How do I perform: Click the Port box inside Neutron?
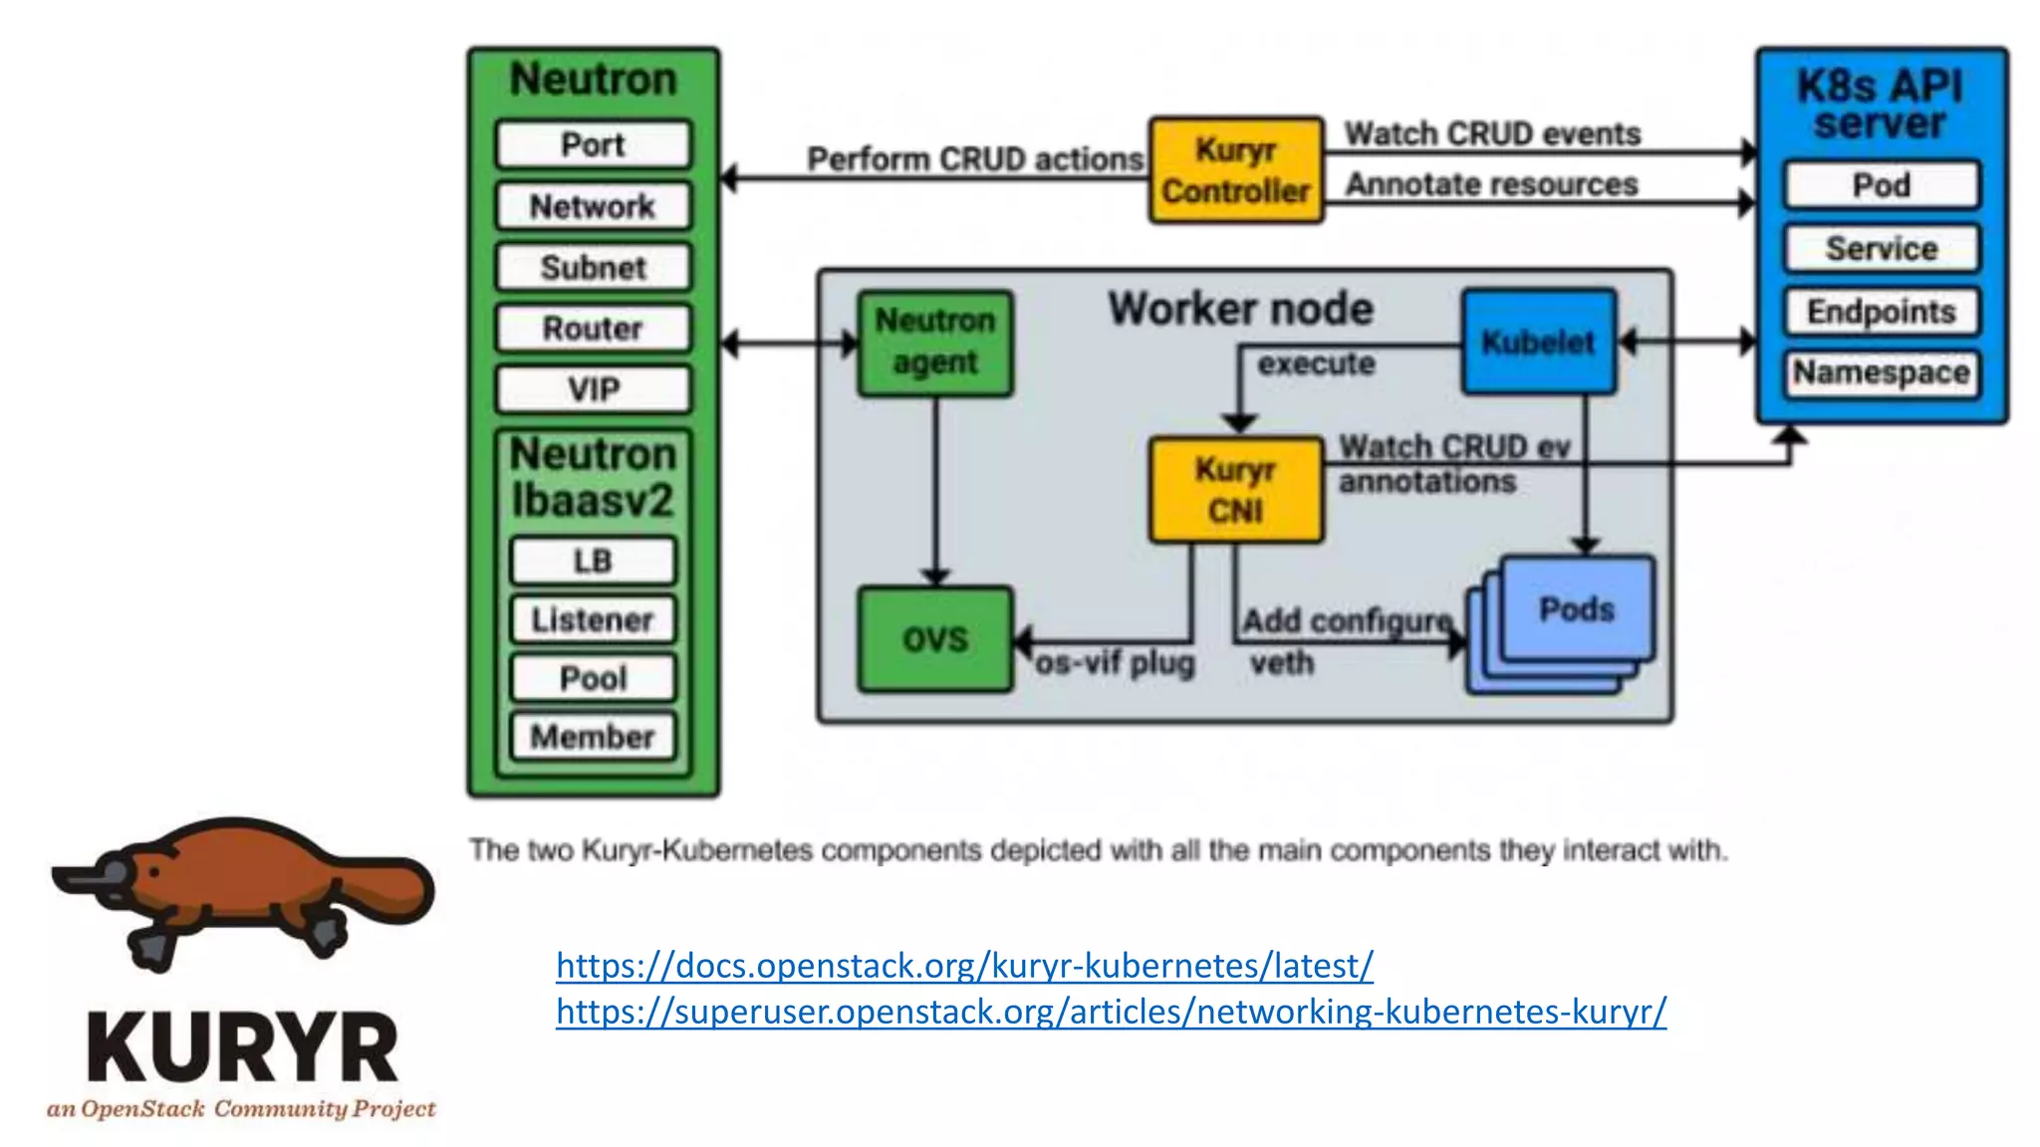pyautogui.click(x=594, y=145)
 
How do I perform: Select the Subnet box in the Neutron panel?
pyautogui.click(x=594, y=268)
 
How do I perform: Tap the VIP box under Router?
pyautogui.click(x=594, y=389)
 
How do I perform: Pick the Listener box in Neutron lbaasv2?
pyautogui.click(x=593, y=619)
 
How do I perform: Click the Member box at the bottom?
pyautogui.click(x=593, y=737)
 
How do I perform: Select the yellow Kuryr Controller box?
pyautogui.click(x=1236, y=170)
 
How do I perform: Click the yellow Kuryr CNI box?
pyautogui.click(x=1236, y=490)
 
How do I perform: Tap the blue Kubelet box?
pyautogui.click(x=1538, y=342)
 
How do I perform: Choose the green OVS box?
pyautogui.click(x=935, y=639)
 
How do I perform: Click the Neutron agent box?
pyautogui.click(x=935, y=343)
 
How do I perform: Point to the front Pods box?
pyautogui.click(x=1577, y=608)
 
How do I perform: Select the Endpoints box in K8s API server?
pyautogui.click(x=1882, y=312)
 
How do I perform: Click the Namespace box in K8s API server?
pyautogui.click(x=1882, y=373)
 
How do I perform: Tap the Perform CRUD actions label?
pyautogui.click(x=974, y=159)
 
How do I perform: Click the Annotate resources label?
pyautogui.click(x=1491, y=184)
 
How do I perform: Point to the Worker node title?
pyautogui.click(x=1240, y=309)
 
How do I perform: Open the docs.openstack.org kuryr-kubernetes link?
pyautogui.click(x=964, y=965)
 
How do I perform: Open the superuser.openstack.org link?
pyautogui.click(x=1111, y=1012)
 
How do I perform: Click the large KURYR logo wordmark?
pyautogui.click(x=242, y=1047)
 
